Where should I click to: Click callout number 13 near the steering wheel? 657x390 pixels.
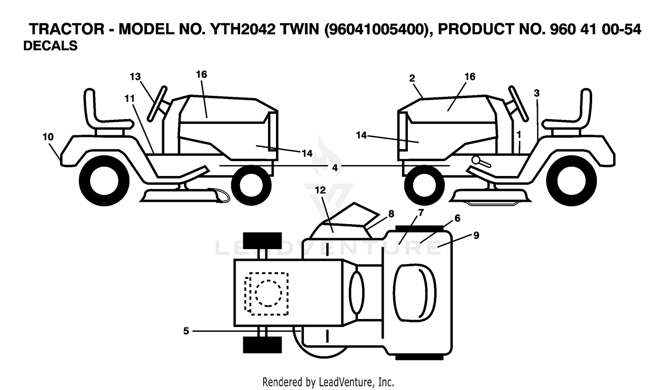pos(135,77)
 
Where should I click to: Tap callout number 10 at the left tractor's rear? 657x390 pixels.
pos(48,137)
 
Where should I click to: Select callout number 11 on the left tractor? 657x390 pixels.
pos(129,99)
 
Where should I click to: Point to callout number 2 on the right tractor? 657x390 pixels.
pos(412,78)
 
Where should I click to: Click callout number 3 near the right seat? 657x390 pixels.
pos(537,94)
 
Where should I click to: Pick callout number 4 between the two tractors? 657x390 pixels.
pos(335,168)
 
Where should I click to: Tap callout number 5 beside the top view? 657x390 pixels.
pos(186,331)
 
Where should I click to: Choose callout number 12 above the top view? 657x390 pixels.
pos(320,190)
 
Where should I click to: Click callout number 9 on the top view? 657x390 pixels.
pos(476,235)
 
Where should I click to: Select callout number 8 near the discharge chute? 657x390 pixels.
pos(391,214)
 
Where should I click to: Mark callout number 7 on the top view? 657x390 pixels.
pos(421,212)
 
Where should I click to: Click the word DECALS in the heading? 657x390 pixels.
pos(50,46)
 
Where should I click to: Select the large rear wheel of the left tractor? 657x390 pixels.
pos(104,181)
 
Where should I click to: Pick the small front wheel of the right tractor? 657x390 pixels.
pos(424,185)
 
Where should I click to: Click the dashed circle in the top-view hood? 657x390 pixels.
pos(268,293)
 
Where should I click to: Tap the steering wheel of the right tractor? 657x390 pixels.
pos(519,103)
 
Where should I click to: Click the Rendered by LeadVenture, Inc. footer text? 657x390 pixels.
pos(328,382)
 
